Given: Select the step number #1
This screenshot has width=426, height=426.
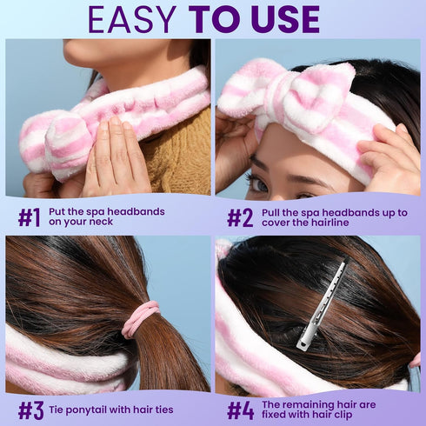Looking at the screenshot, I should (x=29, y=217).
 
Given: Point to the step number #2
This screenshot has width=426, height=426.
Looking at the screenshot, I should (x=239, y=217).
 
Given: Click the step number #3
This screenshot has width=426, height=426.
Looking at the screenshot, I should (x=30, y=409).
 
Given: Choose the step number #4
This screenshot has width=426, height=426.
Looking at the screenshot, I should (x=240, y=409).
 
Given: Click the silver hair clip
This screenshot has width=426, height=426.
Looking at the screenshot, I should (x=321, y=306).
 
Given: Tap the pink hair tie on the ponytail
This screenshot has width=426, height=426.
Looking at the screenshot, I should (x=139, y=319).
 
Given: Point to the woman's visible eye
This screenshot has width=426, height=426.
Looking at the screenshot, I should (x=258, y=183).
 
